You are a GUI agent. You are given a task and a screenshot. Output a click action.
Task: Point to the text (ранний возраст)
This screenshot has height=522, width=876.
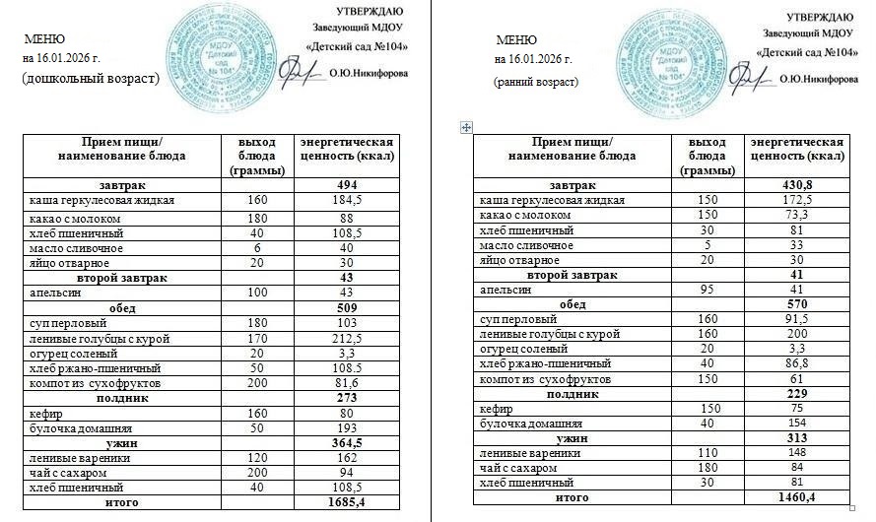pyautogui.click(x=536, y=82)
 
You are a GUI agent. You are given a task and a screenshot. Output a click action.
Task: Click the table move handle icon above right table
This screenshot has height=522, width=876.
pyautogui.click(x=466, y=127)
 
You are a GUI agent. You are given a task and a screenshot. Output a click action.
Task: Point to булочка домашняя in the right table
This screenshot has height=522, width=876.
pyautogui.click(x=520, y=424)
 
